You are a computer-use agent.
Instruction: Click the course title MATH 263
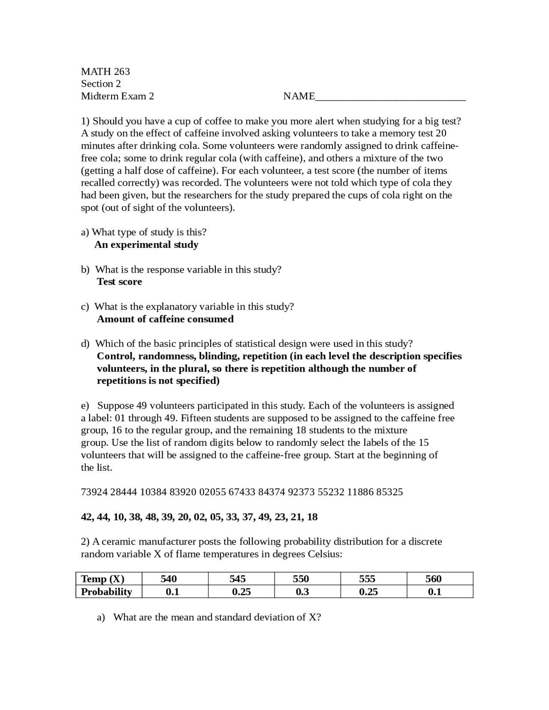pos(105,71)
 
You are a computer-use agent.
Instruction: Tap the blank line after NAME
pos(390,97)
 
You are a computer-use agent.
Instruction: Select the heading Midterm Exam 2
pos(117,96)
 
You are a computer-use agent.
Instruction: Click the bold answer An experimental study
pos(146,245)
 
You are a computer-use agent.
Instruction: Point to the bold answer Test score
pos(119,282)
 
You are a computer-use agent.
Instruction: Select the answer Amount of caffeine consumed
pos(165,319)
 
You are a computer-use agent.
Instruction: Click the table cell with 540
pos(169,579)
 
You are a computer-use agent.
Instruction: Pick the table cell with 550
pos(301,579)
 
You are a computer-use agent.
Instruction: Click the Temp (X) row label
pos(103,579)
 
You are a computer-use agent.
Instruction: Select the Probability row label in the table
pos(106,592)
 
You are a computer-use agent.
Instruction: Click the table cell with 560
pos(433,579)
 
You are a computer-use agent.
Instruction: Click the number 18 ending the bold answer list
pos(312,517)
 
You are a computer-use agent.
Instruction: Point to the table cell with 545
pos(237,579)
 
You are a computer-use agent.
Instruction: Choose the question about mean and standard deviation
pos(217,617)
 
